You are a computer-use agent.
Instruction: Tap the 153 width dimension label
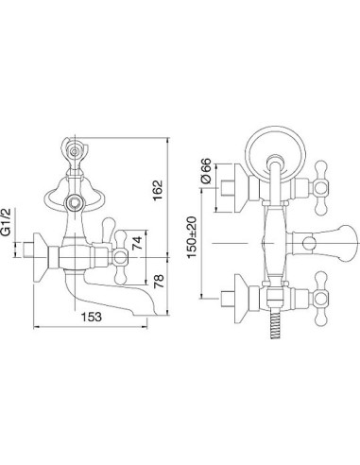pos(92,317)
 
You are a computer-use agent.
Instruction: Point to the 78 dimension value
pos(159,281)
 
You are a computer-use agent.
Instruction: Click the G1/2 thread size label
pos(7,221)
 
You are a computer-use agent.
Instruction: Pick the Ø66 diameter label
pos(205,171)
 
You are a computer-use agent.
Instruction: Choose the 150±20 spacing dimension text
pos(193,237)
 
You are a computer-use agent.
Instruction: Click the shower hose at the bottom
pos(275,325)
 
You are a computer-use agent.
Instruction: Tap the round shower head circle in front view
pos(276,128)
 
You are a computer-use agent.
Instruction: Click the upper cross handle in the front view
pos(321,188)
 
